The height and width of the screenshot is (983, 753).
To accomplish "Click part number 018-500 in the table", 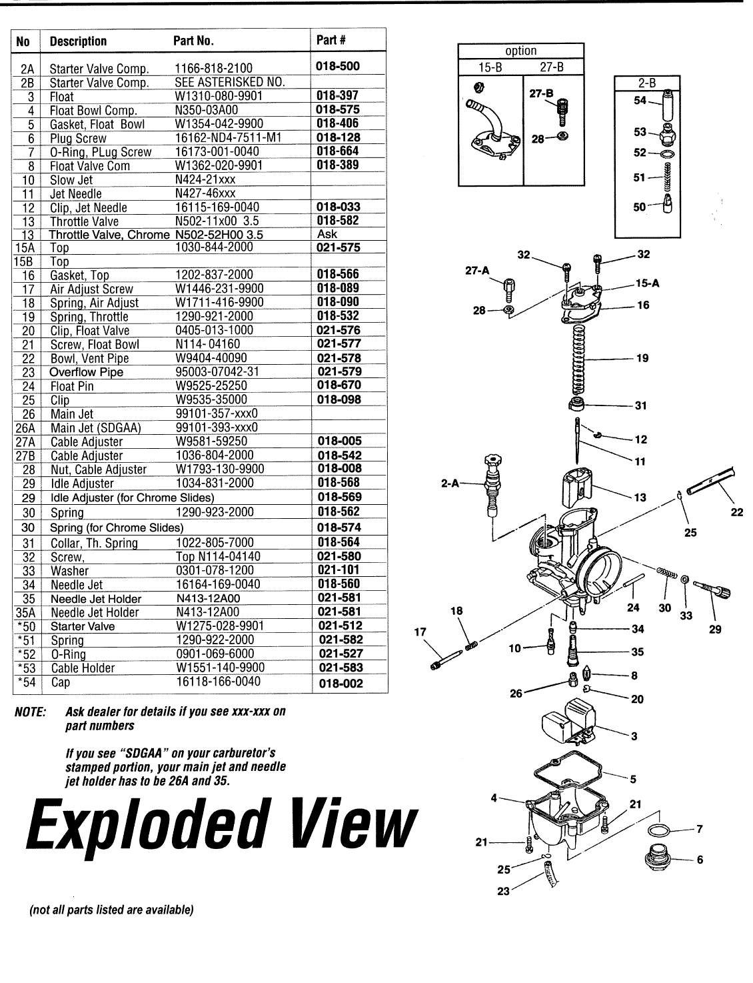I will [x=340, y=67].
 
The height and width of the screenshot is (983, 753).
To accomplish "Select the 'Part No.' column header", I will [x=193, y=41].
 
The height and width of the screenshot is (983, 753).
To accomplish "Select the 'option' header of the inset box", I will [x=520, y=51].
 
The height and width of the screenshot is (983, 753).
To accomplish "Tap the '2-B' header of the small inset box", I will [x=646, y=83].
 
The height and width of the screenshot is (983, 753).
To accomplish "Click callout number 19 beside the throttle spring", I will [x=642, y=358].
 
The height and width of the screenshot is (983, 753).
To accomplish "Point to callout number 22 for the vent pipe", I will [x=736, y=512].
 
